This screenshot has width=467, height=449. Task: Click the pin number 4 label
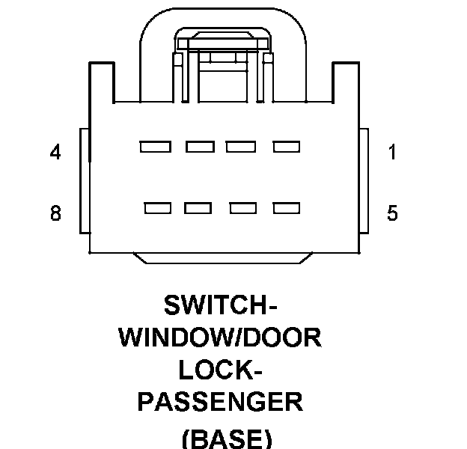pyautogui.click(x=55, y=153)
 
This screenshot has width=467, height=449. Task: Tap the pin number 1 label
pyautogui.click(x=392, y=153)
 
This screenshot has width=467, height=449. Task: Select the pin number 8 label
pyautogui.click(x=55, y=214)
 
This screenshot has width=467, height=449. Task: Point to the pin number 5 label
pyautogui.click(x=392, y=214)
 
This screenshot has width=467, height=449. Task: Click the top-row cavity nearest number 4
pyautogui.click(x=154, y=147)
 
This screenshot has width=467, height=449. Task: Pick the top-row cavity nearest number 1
pyautogui.click(x=286, y=147)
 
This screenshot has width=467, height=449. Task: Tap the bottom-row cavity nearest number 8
pyautogui.click(x=159, y=208)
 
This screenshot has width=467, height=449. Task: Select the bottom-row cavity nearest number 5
pyautogui.click(x=286, y=208)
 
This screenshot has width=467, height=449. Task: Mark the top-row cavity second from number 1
pyautogui.click(x=241, y=147)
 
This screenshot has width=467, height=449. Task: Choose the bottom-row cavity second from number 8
pyautogui.click(x=198, y=208)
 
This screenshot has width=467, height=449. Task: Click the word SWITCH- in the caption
pyautogui.click(x=220, y=306)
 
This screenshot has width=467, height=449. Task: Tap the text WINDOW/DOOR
pyautogui.click(x=220, y=338)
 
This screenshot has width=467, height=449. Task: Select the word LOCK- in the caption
pyautogui.click(x=220, y=370)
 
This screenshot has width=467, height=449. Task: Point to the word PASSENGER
pyautogui.click(x=220, y=402)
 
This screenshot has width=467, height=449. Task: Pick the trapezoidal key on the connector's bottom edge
pyautogui.click(x=222, y=257)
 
